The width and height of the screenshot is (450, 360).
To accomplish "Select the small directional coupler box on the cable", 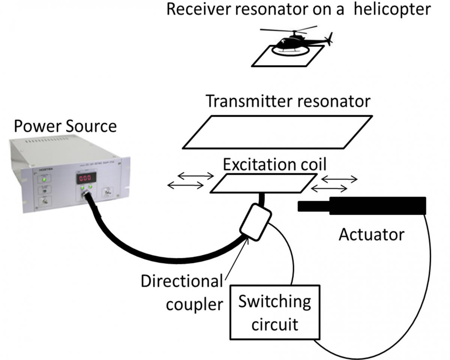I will coord(255,221).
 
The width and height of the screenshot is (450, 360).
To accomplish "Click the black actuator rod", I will coord(362,206).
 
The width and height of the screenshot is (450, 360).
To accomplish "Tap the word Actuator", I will coord(371,235).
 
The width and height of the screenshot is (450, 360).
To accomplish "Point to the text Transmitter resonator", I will coord(288,101).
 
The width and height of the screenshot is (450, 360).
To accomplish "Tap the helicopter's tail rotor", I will coord(330,38).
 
